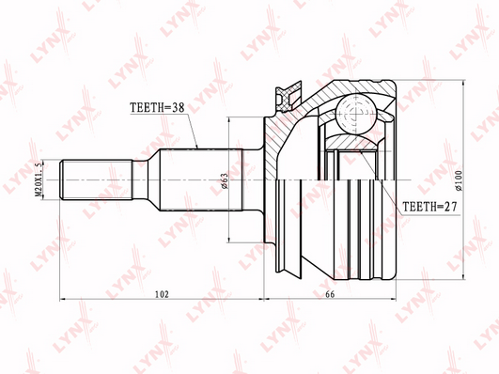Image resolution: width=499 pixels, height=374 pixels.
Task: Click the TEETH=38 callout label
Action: [157, 107]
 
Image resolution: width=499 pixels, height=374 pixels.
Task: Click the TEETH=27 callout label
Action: [429, 207]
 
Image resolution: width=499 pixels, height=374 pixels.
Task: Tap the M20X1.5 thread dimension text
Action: [39, 179]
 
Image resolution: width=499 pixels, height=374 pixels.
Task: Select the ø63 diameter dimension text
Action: [224, 180]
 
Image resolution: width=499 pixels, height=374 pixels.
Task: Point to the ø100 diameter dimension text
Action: [459, 180]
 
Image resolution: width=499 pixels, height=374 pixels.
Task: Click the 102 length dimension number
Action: [162, 294]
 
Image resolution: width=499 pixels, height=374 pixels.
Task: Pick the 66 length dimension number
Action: [330, 294]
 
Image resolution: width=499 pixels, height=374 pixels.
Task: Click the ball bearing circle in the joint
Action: [356, 114]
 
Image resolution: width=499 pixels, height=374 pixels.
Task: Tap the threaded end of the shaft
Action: [96, 179]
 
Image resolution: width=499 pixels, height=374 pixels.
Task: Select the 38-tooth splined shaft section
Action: [201, 179]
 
